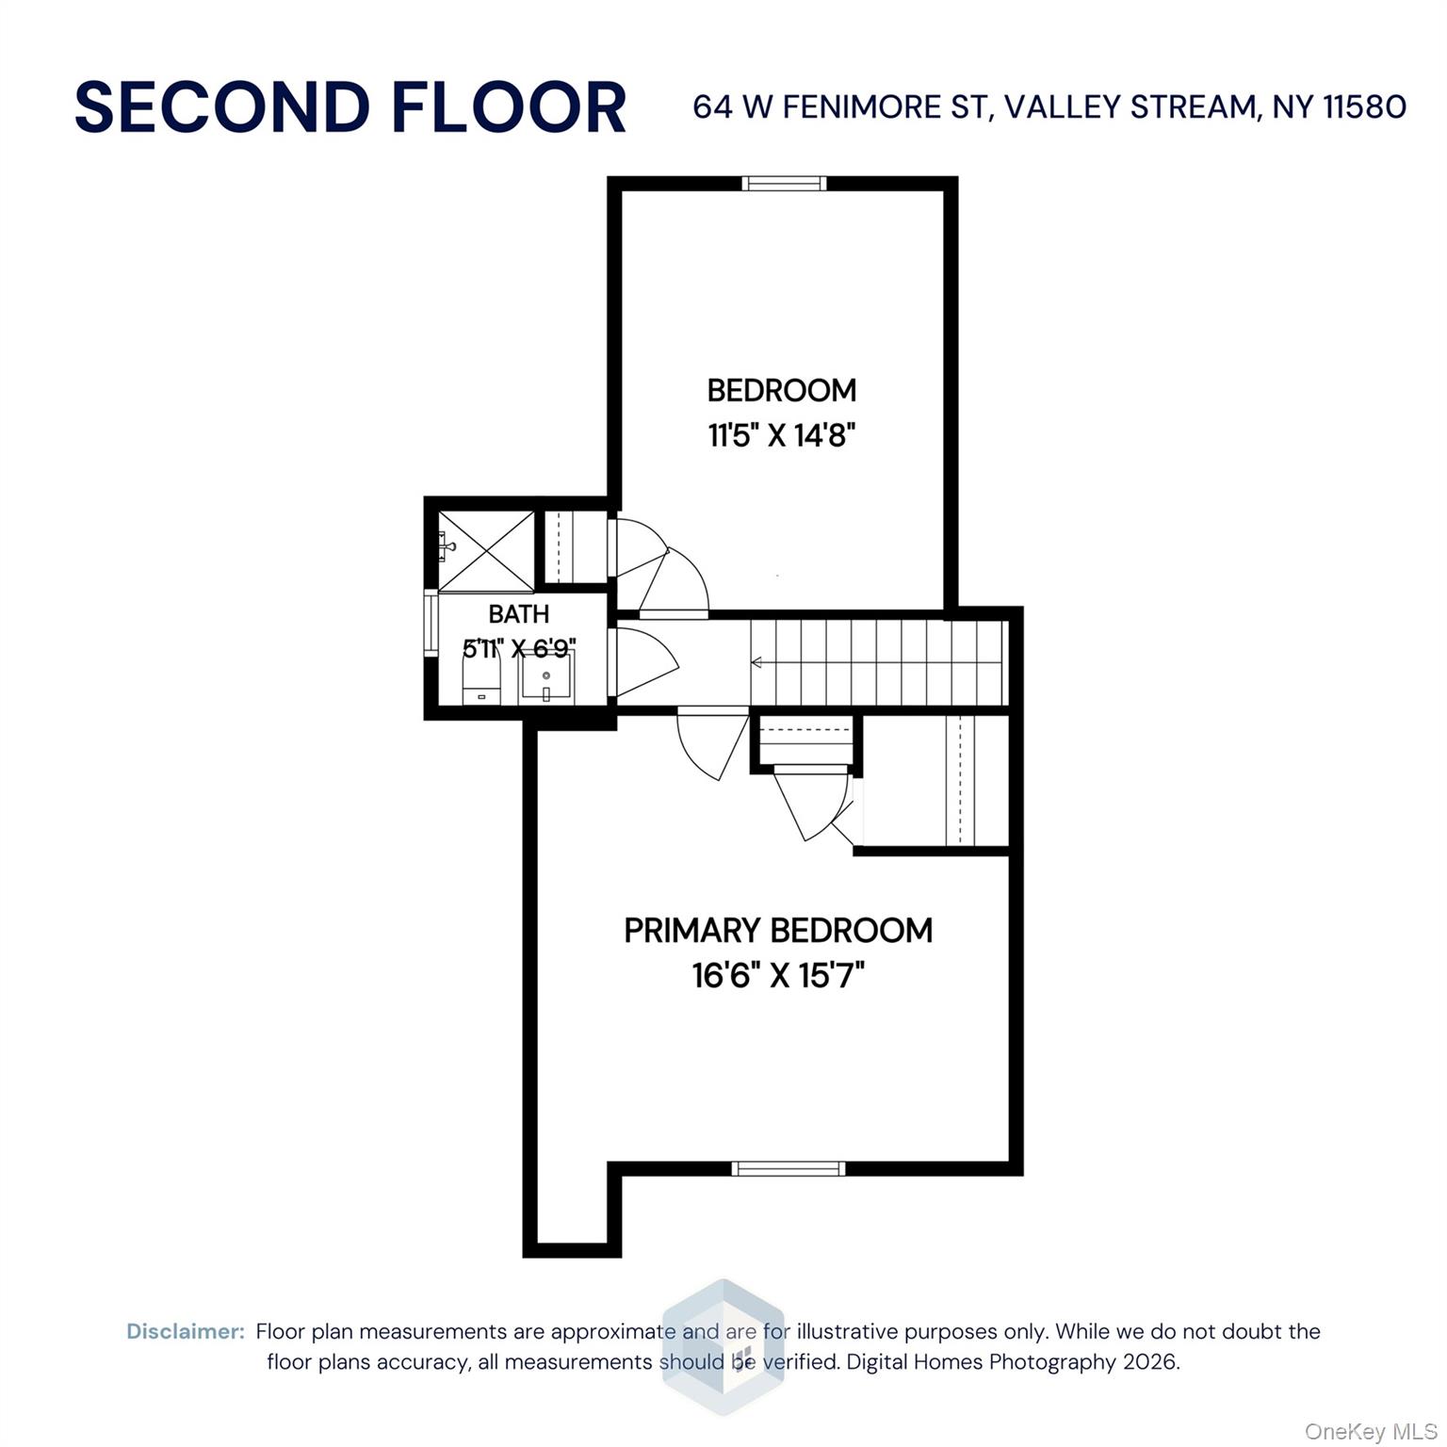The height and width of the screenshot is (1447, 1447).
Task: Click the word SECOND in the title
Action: click(221, 107)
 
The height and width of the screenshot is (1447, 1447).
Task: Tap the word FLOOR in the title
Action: click(509, 107)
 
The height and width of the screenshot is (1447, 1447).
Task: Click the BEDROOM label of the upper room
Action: click(782, 390)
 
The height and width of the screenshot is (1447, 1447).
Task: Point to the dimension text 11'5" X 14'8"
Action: click(782, 436)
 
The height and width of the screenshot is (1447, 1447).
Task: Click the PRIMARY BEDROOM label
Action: click(778, 931)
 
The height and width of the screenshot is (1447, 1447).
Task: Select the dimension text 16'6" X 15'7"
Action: click(778, 976)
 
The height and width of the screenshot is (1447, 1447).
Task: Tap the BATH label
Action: click(518, 614)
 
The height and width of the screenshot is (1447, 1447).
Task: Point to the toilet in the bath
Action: click(480, 678)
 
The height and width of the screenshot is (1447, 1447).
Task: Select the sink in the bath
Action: click(546, 676)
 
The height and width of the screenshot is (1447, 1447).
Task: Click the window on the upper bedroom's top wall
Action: click(784, 184)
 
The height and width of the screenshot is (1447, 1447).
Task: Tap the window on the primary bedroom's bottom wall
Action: click(789, 1169)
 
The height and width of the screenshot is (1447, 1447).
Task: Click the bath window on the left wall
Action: click(431, 625)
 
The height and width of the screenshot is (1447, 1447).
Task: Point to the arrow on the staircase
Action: click(756, 662)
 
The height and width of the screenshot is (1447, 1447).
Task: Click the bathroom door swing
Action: click(644, 659)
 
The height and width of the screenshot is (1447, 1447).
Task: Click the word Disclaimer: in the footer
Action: click(186, 1331)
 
